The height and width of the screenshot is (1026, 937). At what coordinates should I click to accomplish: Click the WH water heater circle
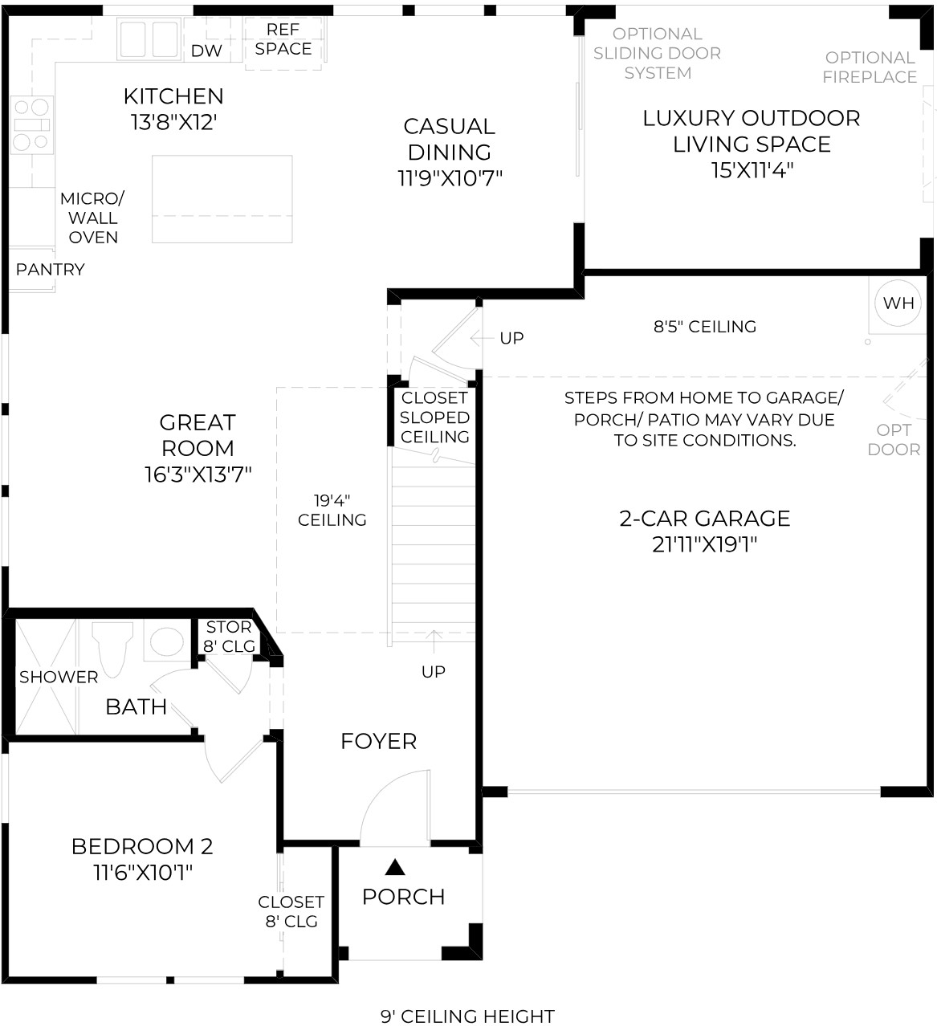[x=898, y=303]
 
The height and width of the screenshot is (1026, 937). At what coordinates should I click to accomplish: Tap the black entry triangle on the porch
[x=394, y=867]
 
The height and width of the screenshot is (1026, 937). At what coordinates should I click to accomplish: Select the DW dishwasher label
[x=206, y=51]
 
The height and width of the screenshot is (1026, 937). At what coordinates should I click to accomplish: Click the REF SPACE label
[x=283, y=39]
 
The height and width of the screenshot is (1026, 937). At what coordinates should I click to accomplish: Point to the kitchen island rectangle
[x=222, y=199]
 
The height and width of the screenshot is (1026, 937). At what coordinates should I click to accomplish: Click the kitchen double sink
[x=149, y=39]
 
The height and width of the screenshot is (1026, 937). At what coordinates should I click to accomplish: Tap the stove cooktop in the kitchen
[x=32, y=124]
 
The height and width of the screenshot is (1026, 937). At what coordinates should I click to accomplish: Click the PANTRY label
[x=50, y=269]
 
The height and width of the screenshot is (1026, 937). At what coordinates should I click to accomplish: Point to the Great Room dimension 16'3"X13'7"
[x=198, y=474]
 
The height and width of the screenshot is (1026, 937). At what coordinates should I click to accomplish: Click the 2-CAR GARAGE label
[x=705, y=518]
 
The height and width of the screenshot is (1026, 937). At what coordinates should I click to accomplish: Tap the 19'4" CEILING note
[x=332, y=510]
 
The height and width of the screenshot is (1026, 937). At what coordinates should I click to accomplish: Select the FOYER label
[x=379, y=741]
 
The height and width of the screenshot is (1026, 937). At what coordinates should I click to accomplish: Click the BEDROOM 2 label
[x=142, y=846]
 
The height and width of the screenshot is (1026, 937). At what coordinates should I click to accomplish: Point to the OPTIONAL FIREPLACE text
[x=870, y=67]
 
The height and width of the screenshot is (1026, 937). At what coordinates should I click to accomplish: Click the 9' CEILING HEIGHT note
[x=468, y=1016]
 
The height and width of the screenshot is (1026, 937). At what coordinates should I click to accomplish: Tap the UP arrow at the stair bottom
[x=434, y=642]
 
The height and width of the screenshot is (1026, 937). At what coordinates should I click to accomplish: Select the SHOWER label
[x=59, y=677]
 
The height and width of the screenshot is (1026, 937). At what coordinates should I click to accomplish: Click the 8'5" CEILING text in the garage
[x=705, y=326]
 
